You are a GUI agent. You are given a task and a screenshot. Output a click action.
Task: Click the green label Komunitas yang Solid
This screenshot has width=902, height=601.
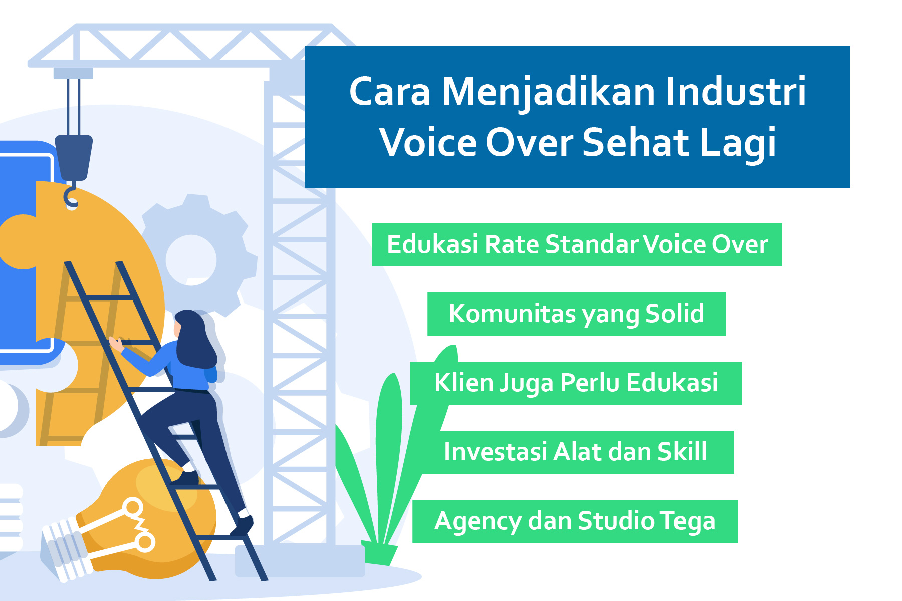click(576, 314)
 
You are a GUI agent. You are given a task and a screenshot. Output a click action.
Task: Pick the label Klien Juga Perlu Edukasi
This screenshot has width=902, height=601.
click(576, 383)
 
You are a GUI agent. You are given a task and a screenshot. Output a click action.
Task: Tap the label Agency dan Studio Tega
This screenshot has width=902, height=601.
click(575, 521)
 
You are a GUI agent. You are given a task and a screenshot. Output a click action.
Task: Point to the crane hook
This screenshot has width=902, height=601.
click(71, 195)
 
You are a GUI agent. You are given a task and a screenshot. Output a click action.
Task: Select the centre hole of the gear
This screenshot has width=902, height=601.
click(191, 260)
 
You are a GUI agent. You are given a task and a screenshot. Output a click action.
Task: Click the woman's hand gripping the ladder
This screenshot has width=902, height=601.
click(116, 344)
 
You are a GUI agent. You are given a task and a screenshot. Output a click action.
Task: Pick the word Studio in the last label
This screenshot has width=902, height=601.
click(616, 521)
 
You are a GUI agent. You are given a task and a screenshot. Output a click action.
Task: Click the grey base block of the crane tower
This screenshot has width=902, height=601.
click(300, 561)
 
